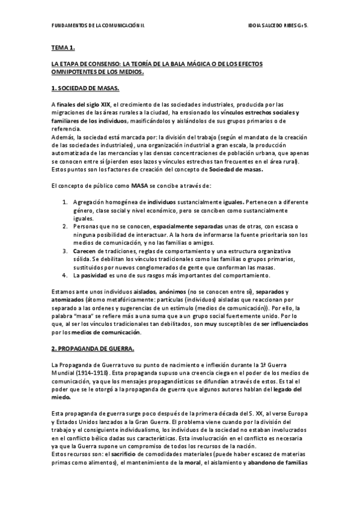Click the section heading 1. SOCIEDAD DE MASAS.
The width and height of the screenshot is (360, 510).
pos(85,89)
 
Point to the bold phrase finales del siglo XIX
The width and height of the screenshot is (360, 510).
pos(85,105)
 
